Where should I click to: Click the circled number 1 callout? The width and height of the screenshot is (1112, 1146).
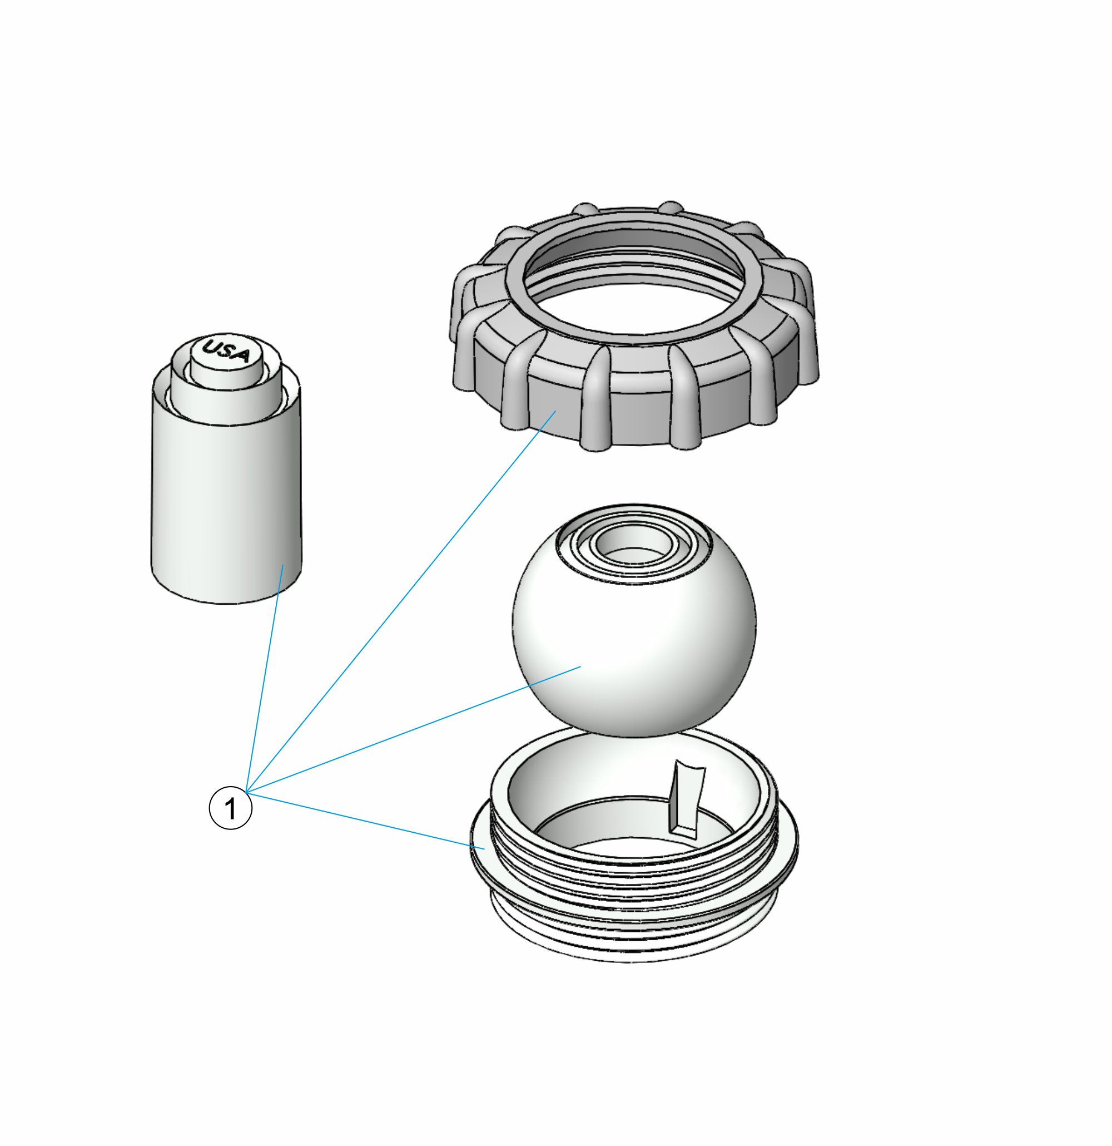[x=231, y=808]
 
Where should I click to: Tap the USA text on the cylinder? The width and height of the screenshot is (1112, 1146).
[x=226, y=352]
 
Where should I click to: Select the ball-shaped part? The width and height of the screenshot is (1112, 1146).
[x=634, y=620]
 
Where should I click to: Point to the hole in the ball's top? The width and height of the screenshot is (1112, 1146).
[x=634, y=541]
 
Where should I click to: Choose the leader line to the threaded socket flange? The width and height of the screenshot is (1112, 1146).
[x=366, y=821]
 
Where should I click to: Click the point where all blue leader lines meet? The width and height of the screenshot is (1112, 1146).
[x=248, y=793]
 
